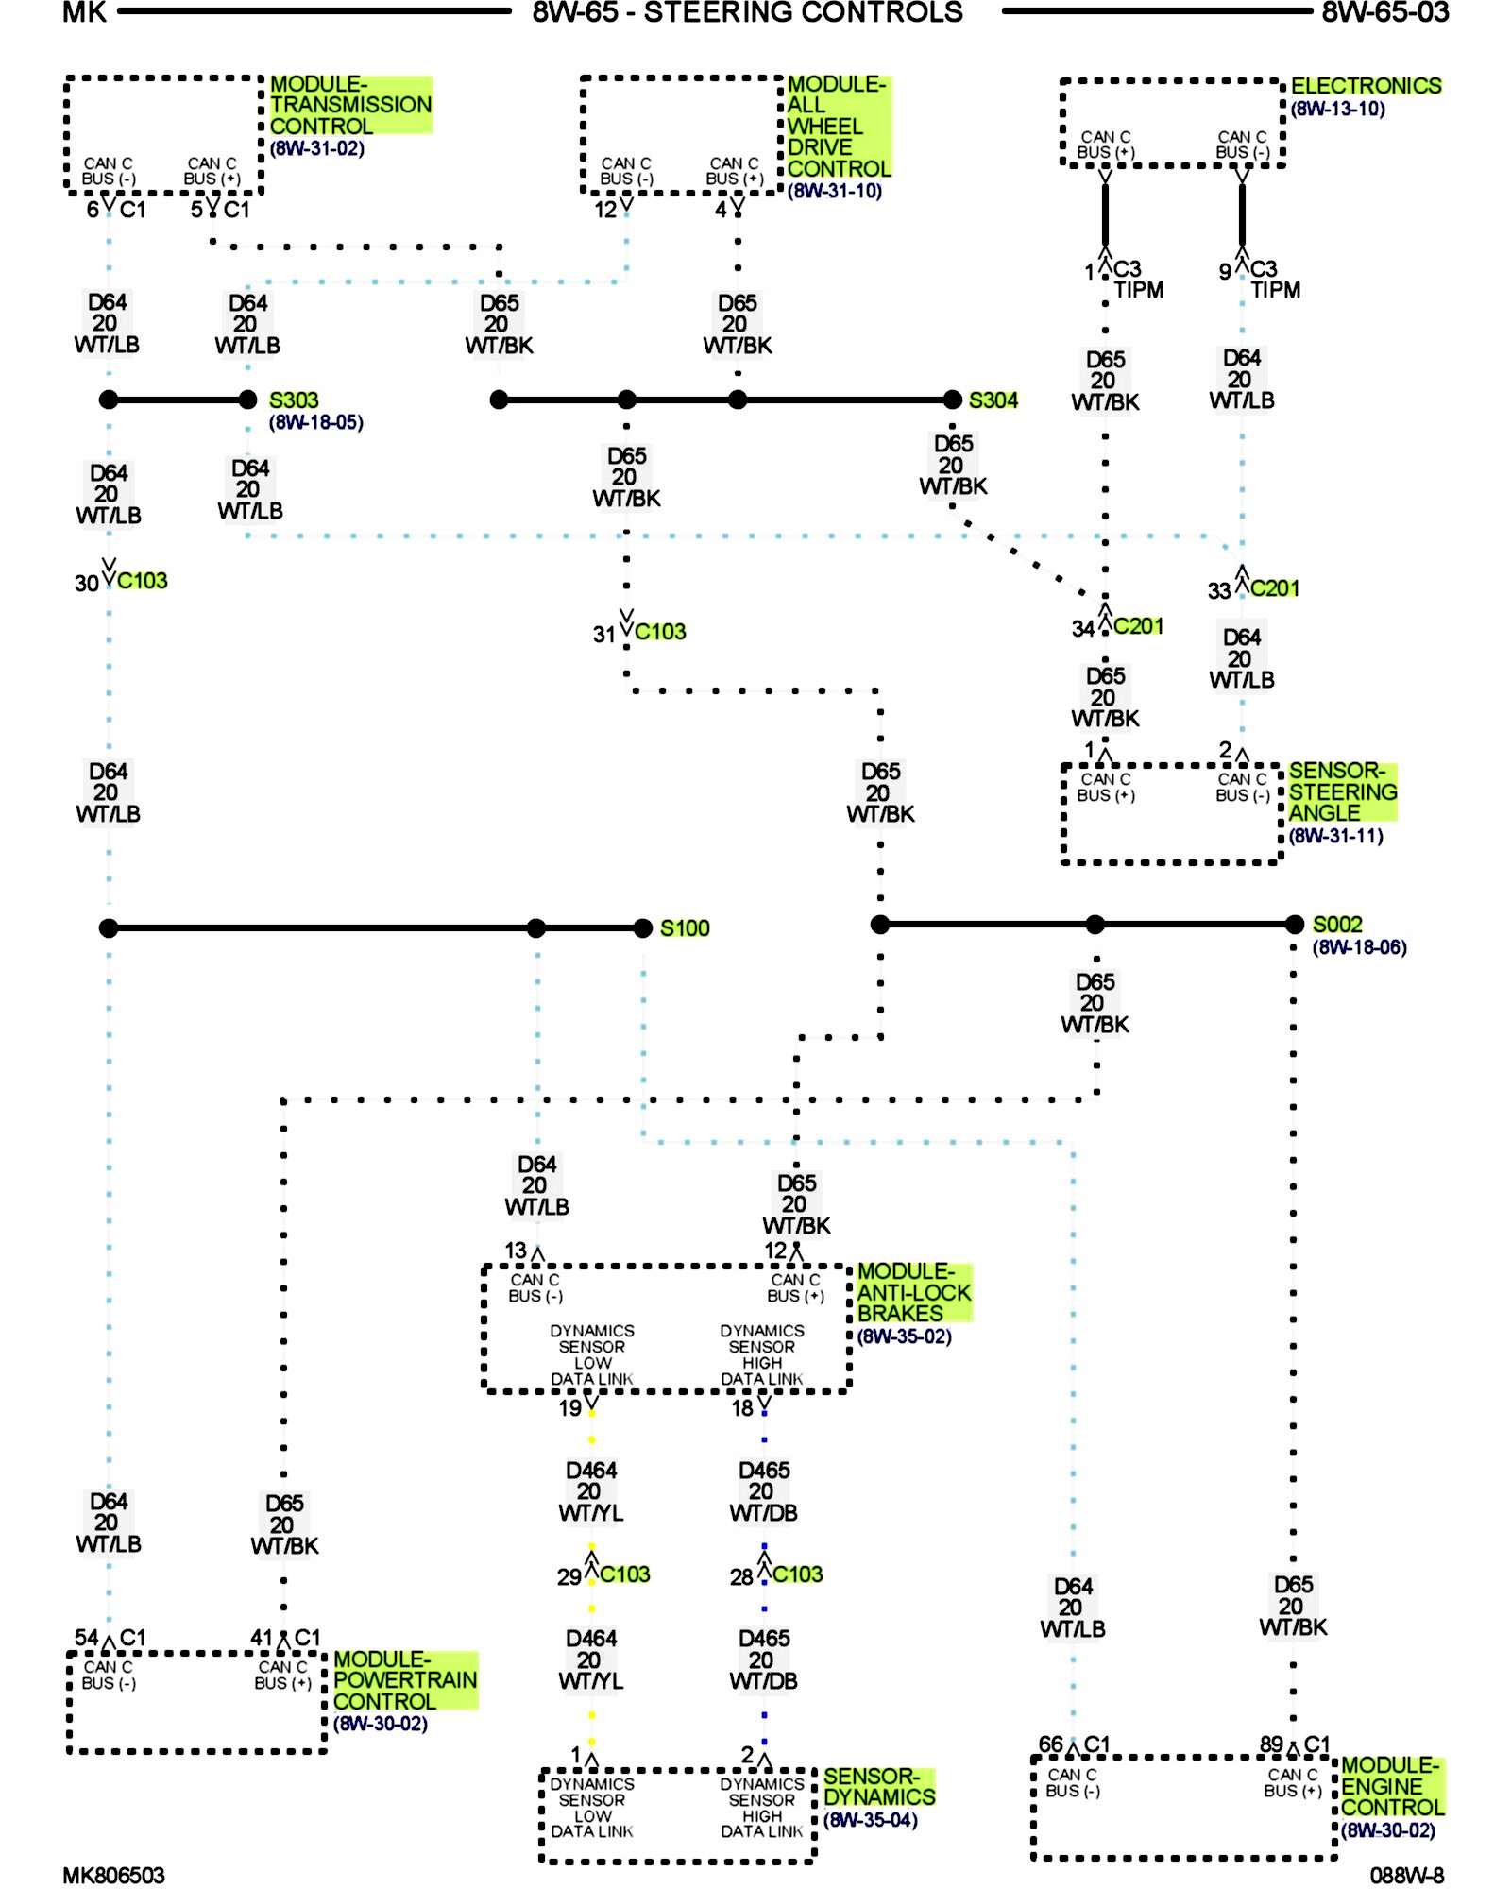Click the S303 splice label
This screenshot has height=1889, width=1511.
294,400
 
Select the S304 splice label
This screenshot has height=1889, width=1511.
993,400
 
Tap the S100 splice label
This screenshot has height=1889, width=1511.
685,928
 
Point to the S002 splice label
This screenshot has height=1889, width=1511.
1337,925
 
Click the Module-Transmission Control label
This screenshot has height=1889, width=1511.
350,105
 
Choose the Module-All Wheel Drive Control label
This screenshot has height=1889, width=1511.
839,127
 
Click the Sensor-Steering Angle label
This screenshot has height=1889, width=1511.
1342,791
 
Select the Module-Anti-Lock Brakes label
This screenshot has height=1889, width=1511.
914,1292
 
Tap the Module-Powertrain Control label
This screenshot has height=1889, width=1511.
405,1680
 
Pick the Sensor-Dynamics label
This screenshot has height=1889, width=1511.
879,1787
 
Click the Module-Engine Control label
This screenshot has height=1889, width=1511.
1393,1786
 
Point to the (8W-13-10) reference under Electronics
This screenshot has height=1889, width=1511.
1338,110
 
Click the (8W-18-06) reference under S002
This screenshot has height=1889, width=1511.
1360,947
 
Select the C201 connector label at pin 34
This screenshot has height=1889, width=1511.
1138,626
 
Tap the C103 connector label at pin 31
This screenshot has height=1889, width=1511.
660,632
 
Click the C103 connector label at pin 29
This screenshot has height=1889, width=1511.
625,1574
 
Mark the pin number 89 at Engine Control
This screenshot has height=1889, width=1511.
1271,1744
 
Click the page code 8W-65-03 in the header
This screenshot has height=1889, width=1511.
1385,12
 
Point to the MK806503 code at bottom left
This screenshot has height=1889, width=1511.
113,1876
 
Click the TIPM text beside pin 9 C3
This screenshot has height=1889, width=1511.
1276,290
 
